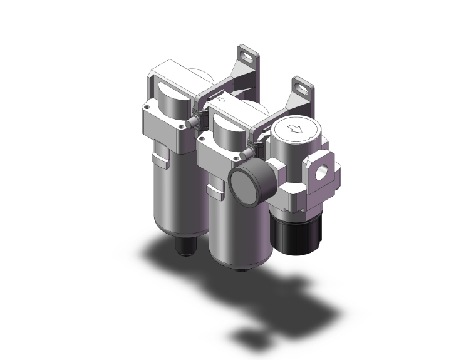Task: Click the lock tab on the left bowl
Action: (162, 161)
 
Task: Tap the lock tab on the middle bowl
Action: (216, 190)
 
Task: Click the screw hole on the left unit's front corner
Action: (182, 126)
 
